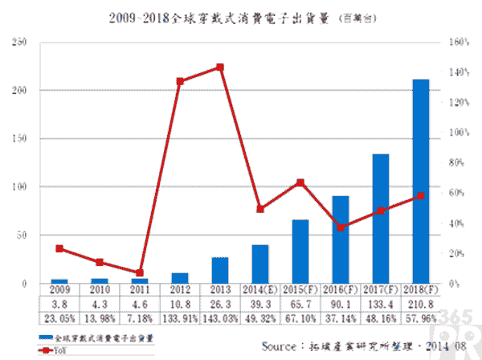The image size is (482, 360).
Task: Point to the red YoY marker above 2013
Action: (x=219, y=67)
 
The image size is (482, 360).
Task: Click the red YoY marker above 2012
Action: (x=180, y=82)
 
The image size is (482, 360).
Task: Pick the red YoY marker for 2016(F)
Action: (x=340, y=227)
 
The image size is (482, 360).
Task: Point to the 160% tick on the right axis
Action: (x=459, y=42)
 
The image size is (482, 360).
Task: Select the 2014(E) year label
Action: (x=259, y=290)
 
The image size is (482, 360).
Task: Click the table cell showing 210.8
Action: (x=421, y=305)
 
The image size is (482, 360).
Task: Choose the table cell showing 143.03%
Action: (x=219, y=319)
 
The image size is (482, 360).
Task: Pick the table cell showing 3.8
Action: (x=59, y=305)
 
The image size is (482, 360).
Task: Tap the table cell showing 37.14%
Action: (x=340, y=319)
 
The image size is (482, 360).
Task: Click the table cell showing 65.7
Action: (x=300, y=305)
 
